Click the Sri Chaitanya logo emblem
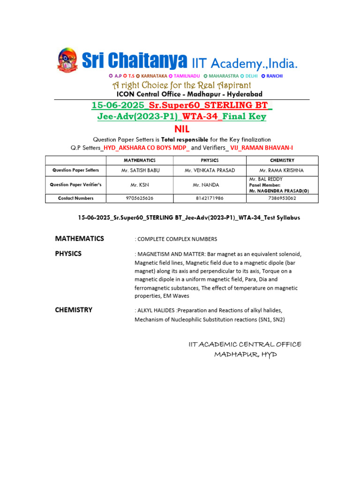(x=67, y=60)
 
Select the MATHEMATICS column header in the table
(x=140, y=160)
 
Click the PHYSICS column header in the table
(x=210, y=160)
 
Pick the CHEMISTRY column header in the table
(x=282, y=160)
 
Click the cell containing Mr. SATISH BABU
(x=140, y=170)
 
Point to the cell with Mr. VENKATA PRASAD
(x=210, y=170)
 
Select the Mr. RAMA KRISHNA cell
(x=282, y=170)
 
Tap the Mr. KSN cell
(x=140, y=185)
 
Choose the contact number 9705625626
(x=140, y=198)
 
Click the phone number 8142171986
(x=210, y=198)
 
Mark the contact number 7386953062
(x=282, y=198)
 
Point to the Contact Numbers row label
(x=75, y=198)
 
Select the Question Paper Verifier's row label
(x=75, y=185)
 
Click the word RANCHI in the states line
(x=275, y=76)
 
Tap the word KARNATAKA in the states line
(x=154, y=76)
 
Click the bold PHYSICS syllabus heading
(x=68, y=254)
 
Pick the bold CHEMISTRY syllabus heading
(x=74, y=310)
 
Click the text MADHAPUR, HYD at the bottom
(x=246, y=355)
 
